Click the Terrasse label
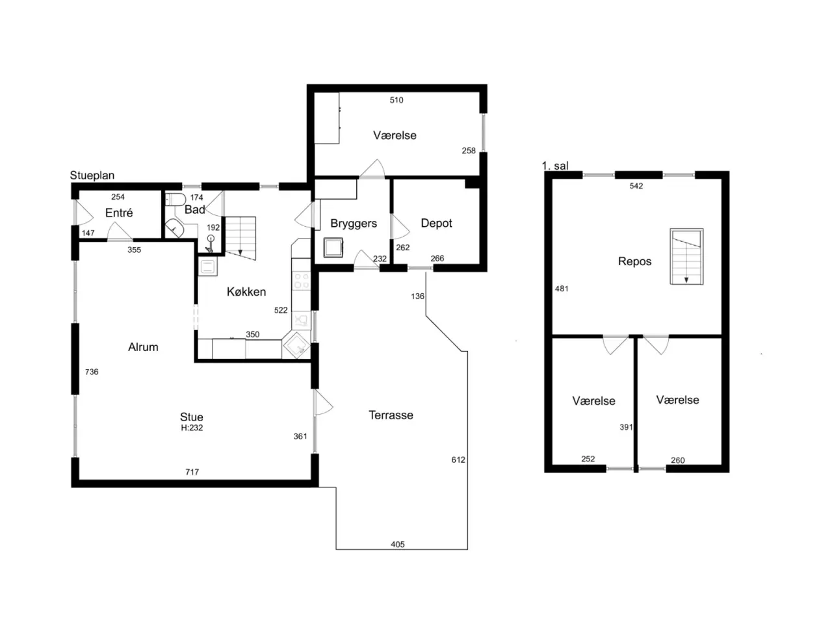pyautogui.click(x=391, y=415)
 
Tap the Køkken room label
pyautogui.click(x=246, y=292)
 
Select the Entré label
pyautogui.click(x=119, y=213)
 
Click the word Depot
pyautogui.click(x=436, y=223)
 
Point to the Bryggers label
pyautogui.click(x=354, y=224)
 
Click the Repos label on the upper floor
pyautogui.click(x=634, y=261)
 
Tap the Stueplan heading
pyautogui.click(x=92, y=175)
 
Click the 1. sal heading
pyautogui.click(x=555, y=166)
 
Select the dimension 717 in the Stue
pyautogui.click(x=192, y=472)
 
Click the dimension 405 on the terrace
pyautogui.click(x=398, y=545)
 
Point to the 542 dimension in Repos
pyautogui.click(x=636, y=186)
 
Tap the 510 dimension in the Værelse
pyautogui.click(x=396, y=100)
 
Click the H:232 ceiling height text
pyautogui.click(x=192, y=428)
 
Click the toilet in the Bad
pyautogui.click(x=176, y=200)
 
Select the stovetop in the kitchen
pyautogui.click(x=302, y=281)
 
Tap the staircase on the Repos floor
pyautogui.click(x=686, y=257)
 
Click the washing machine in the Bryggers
pyautogui.click(x=333, y=248)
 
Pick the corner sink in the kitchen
pyautogui.click(x=297, y=344)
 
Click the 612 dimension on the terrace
pyautogui.click(x=458, y=460)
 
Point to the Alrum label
pyautogui.click(x=143, y=347)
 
